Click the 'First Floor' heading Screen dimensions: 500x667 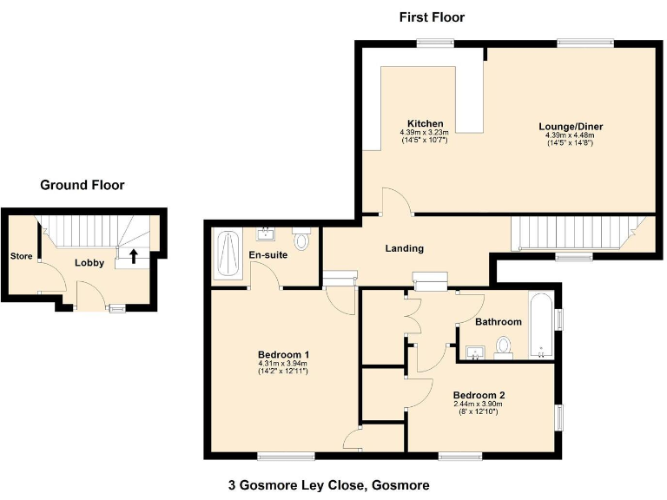point(432,17)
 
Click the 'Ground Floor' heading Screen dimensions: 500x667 point(83,185)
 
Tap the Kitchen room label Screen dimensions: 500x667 point(426,123)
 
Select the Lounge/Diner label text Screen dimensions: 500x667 point(571,127)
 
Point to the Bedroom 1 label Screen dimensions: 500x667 point(283,354)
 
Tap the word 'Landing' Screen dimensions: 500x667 point(404,248)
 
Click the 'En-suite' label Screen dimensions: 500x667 point(268,255)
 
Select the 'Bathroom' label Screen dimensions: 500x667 point(498,322)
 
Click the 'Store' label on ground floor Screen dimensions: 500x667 point(21,256)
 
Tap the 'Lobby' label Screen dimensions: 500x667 point(89,262)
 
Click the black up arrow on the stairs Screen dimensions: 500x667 point(133,255)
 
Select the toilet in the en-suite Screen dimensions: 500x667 point(301,239)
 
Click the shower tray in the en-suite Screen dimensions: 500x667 point(230,254)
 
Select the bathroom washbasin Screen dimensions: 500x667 point(475,352)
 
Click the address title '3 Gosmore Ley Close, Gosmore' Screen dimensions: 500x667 point(328,485)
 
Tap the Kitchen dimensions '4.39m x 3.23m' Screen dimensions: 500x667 point(426,132)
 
